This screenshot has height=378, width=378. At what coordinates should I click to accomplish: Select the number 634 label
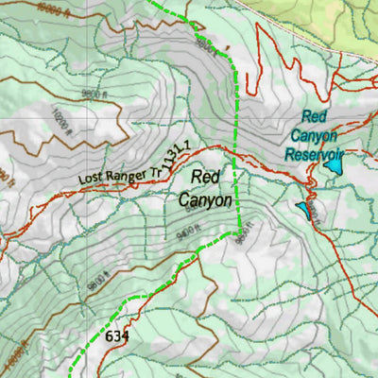click(117, 336)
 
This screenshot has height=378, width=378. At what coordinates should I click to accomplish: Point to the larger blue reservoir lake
click(334, 165)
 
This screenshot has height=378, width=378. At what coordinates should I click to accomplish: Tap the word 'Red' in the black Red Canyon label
click(205, 176)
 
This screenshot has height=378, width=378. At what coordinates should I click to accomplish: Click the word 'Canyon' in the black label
click(205, 199)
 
